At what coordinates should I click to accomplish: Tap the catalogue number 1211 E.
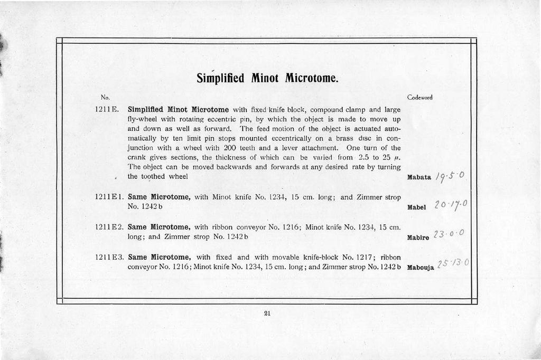click(x=107, y=110)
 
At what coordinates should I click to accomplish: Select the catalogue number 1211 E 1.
click(x=109, y=197)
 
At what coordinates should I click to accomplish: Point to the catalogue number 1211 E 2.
click(x=109, y=227)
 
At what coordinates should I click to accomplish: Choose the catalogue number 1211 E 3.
click(x=109, y=258)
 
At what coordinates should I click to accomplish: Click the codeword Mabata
click(x=420, y=177)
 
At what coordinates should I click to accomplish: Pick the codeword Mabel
click(x=417, y=207)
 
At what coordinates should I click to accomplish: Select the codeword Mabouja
click(x=421, y=268)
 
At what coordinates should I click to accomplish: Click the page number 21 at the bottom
click(x=267, y=313)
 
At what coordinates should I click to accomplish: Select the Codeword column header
click(x=420, y=98)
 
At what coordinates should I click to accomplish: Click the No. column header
click(x=105, y=98)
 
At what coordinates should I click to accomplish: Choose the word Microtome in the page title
click(x=311, y=79)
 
